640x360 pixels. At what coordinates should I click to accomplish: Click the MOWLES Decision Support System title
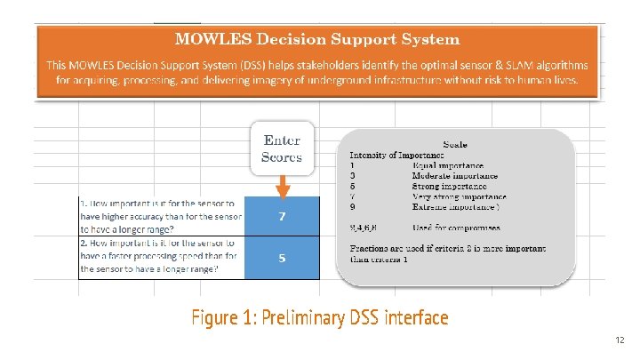click(317, 39)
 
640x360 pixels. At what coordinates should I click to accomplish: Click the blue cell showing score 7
click(282, 216)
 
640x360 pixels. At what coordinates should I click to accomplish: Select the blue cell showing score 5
click(282, 259)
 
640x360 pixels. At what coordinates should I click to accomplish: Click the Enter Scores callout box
click(282, 148)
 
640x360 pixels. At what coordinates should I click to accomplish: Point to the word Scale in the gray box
click(455, 144)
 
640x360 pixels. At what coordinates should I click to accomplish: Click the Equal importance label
click(448, 165)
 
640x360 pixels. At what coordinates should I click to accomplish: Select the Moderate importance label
click(454, 176)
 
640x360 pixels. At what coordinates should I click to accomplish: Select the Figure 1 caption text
click(320, 317)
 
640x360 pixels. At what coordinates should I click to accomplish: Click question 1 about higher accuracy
click(160, 216)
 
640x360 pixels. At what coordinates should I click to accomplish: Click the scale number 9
click(353, 207)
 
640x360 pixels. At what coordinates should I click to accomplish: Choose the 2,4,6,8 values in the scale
click(364, 228)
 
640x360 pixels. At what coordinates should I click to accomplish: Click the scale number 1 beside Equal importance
click(353, 165)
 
